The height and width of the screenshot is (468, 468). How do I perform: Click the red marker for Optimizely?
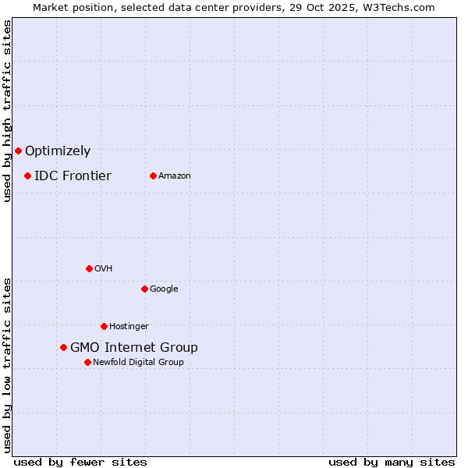(x=18, y=151)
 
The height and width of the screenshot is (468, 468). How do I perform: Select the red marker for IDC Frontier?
(x=27, y=175)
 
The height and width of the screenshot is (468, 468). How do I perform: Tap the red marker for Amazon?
(x=153, y=175)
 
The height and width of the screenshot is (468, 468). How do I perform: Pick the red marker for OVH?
(x=89, y=268)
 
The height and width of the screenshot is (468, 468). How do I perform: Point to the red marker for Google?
(x=144, y=289)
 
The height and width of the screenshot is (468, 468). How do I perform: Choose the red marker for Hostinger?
(x=104, y=326)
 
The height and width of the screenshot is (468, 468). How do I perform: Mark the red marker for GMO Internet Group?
(x=63, y=347)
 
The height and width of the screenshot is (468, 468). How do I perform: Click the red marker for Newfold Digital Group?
(x=87, y=362)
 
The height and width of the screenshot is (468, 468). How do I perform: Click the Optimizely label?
(x=58, y=151)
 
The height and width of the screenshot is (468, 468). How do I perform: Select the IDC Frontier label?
(x=73, y=176)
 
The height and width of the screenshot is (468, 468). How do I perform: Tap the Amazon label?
(x=175, y=176)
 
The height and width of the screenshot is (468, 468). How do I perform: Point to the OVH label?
(x=104, y=269)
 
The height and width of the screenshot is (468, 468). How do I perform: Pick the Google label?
(x=164, y=289)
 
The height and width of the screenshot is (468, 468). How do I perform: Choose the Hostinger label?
(x=129, y=327)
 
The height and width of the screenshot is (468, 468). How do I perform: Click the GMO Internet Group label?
(x=134, y=348)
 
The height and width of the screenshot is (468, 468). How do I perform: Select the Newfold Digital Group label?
(x=138, y=363)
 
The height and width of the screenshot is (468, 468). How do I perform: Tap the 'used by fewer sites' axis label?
(x=80, y=462)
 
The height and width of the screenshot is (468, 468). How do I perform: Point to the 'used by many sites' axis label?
(x=392, y=462)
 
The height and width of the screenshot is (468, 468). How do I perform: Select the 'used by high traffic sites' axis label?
(x=7, y=111)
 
